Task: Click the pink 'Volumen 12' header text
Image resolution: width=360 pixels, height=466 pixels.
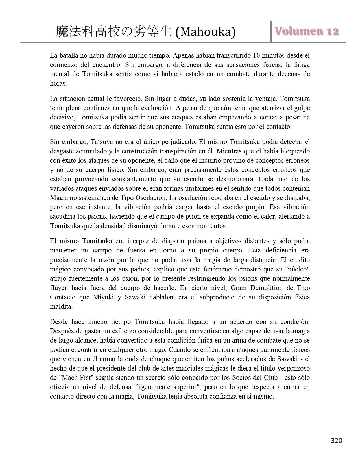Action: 307,31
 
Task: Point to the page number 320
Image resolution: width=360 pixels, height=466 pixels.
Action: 337,440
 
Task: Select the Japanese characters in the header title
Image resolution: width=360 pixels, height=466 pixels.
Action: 114,32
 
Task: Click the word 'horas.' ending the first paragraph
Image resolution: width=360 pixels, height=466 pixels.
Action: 58,83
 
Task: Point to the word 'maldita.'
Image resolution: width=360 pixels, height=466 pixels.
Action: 61,306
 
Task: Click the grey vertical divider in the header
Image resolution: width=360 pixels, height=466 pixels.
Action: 271,31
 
